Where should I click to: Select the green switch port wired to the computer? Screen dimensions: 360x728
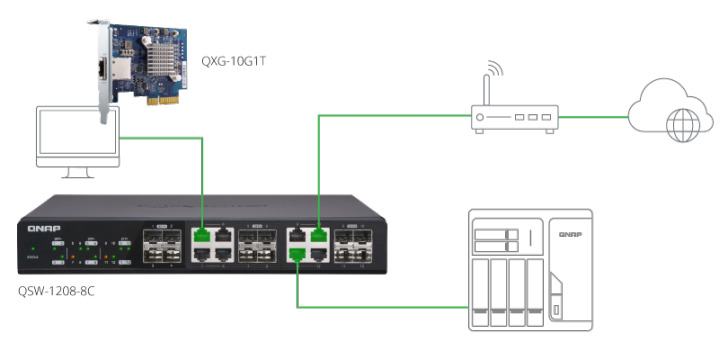click(x=203, y=236)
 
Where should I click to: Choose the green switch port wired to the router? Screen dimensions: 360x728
click(x=318, y=236)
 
